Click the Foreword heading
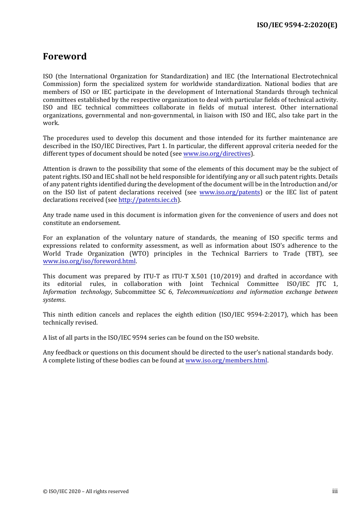pyautogui.click(x=65, y=56)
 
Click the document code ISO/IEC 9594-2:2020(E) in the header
pyautogui.click(x=297, y=25)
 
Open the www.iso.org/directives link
pyautogui.click(x=217, y=154)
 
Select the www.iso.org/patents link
pyautogui.click(x=230, y=192)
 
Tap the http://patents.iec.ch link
pyautogui.click(x=148, y=200)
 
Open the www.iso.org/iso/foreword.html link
pyautogui.click(x=89, y=261)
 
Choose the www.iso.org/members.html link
pyautogui.click(x=226, y=361)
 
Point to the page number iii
pyautogui.click(x=335, y=491)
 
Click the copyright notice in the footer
pyautogui.click(x=86, y=492)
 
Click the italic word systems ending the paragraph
pyautogui.click(x=53, y=300)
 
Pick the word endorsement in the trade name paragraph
pyautogui.click(x=103, y=223)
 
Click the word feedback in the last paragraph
pyautogui.click(x=68, y=353)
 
